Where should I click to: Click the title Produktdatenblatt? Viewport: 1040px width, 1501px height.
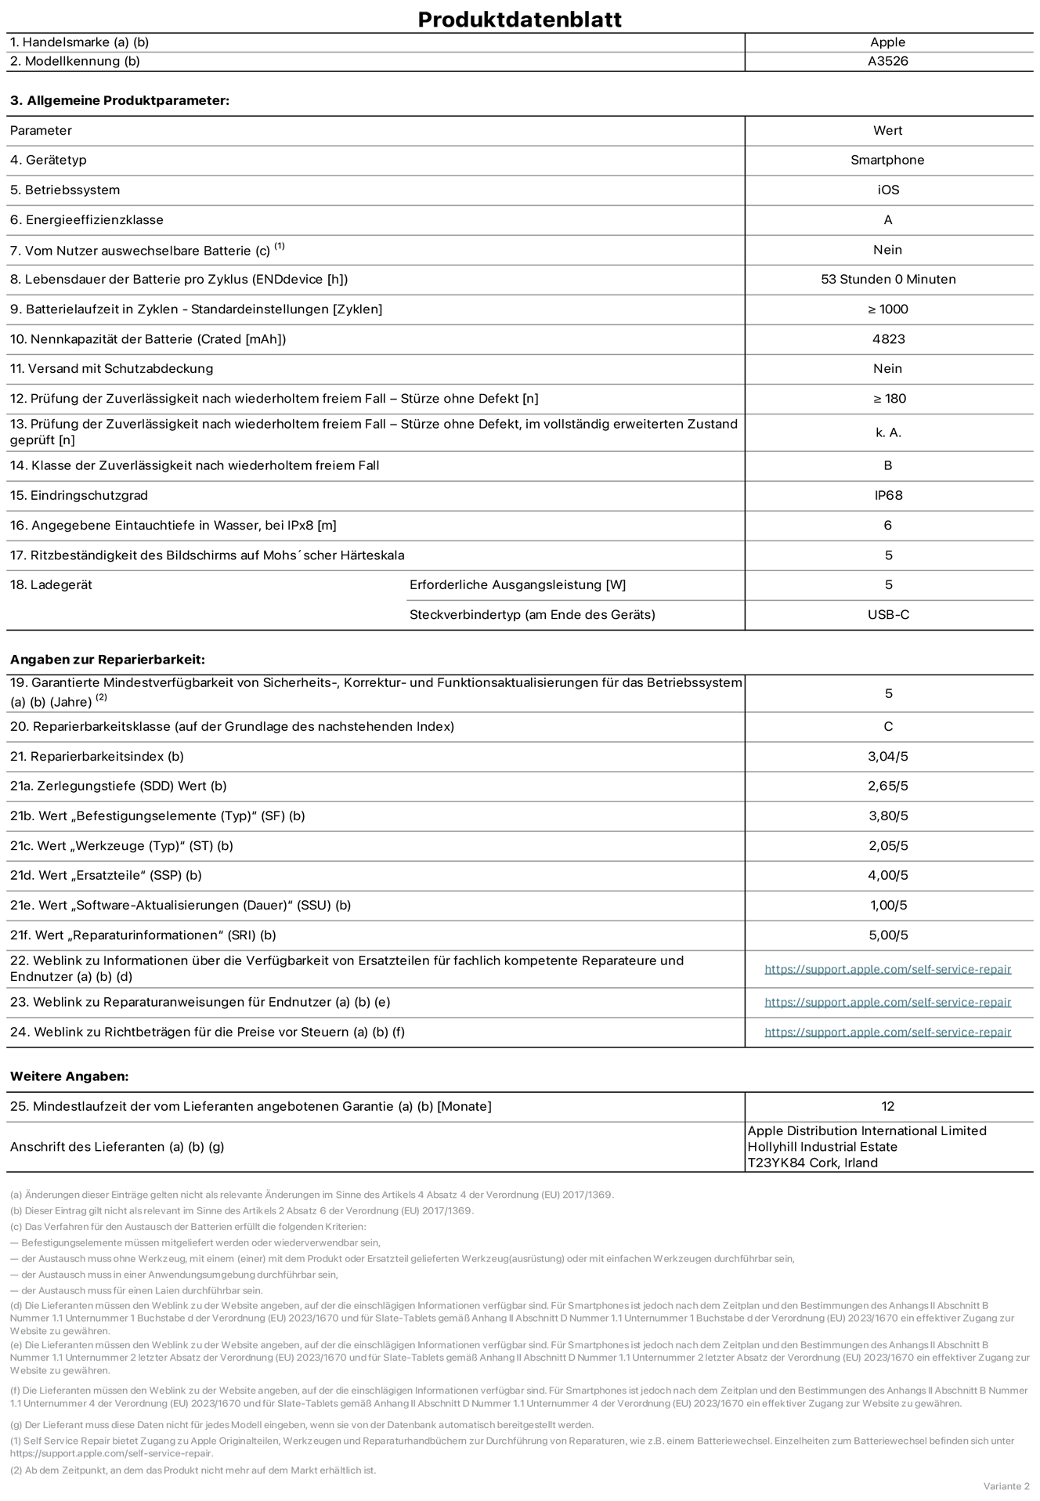(519, 19)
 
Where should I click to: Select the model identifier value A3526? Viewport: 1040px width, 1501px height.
(887, 61)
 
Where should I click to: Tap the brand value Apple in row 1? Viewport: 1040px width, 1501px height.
(887, 42)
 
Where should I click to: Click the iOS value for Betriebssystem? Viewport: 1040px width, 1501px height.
(887, 190)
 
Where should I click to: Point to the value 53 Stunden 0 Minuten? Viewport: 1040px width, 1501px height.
(887, 279)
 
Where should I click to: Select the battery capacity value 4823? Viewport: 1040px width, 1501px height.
(887, 338)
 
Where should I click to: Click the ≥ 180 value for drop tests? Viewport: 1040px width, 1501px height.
(889, 398)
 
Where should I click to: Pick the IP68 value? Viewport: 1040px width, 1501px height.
(887, 495)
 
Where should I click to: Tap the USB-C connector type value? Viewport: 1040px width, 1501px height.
(888, 614)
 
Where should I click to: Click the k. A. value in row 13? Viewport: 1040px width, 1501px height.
(887, 432)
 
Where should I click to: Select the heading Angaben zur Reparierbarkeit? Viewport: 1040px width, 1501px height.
(107, 660)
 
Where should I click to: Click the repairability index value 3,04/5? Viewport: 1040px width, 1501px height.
(887, 756)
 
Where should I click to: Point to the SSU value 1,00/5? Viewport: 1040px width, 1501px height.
(888, 905)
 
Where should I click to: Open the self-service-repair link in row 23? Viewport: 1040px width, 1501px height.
(887, 1002)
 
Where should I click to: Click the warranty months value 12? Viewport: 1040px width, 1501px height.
(887, 1106)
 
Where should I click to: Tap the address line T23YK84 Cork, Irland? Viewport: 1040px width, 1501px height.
(812, 1163)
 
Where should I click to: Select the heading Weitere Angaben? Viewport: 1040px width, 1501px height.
(69, 1076)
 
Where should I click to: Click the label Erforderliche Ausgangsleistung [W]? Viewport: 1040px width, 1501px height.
(517, 584)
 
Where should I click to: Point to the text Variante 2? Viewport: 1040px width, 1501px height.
(1006, 1486)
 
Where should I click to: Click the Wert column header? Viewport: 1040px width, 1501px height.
(887, 130)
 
